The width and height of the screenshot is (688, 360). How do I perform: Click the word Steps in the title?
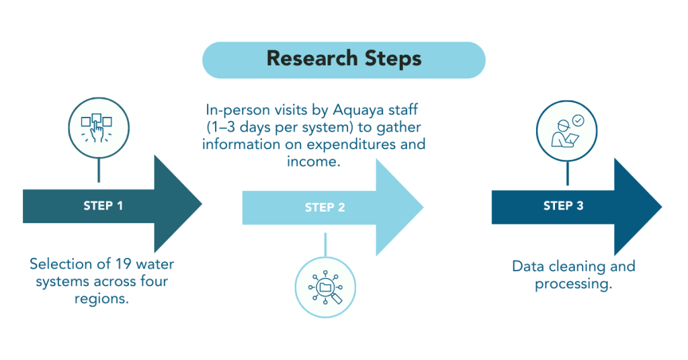coord(391,59)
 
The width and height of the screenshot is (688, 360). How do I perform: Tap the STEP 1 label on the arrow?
coord(103,206)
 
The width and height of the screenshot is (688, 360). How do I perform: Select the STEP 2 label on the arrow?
coord(325,208)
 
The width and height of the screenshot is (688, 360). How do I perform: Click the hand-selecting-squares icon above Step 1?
coord(99,126)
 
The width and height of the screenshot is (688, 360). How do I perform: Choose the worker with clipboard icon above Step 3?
coord(567,132)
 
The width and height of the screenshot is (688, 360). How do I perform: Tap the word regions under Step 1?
coord(101,299)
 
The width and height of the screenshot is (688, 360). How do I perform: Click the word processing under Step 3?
coord(573,284)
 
